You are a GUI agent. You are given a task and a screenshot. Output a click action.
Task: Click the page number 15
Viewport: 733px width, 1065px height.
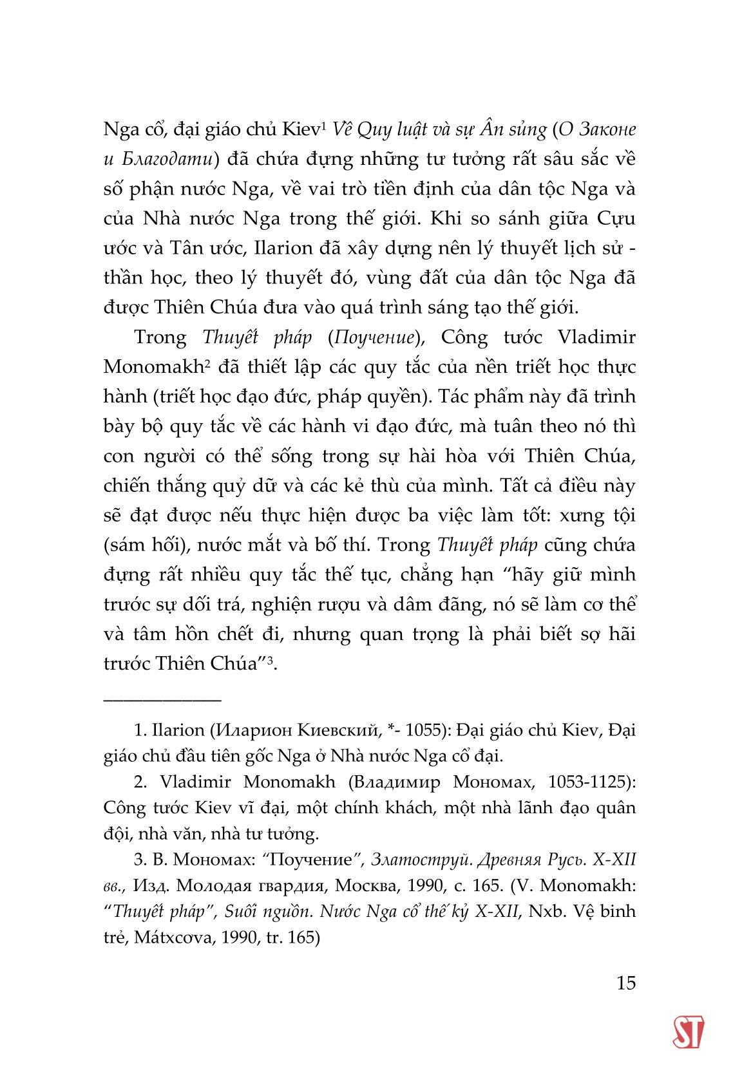coord(625,983)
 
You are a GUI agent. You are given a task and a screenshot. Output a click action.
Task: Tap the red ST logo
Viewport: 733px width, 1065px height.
coord(688,1032)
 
